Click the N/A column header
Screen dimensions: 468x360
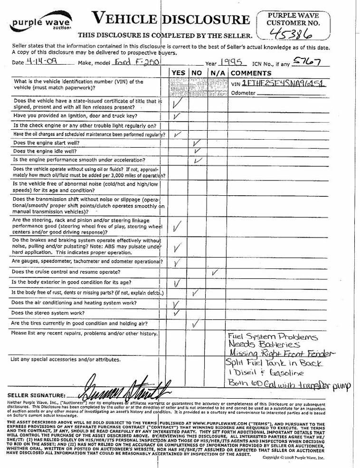click(217, 73)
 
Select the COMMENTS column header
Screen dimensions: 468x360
click(251, 73)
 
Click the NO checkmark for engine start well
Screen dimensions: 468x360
click(197, 143)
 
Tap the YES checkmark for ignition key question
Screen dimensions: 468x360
click(177, 115)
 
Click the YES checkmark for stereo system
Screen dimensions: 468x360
click(176, 313)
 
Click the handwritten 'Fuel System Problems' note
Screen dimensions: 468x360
click(272, 336)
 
